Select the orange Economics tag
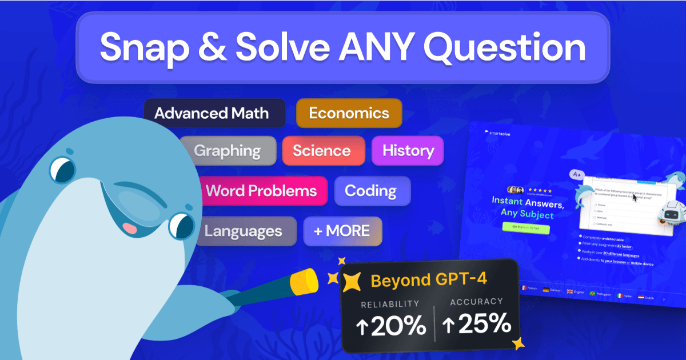(349, 113)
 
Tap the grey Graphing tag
(227, 151)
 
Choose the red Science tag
(322, 151)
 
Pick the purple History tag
(408, 151)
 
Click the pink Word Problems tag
(261, 190)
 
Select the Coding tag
(371, 190)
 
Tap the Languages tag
(244, 231)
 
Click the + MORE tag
(342, 231)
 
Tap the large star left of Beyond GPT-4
(352, 281)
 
